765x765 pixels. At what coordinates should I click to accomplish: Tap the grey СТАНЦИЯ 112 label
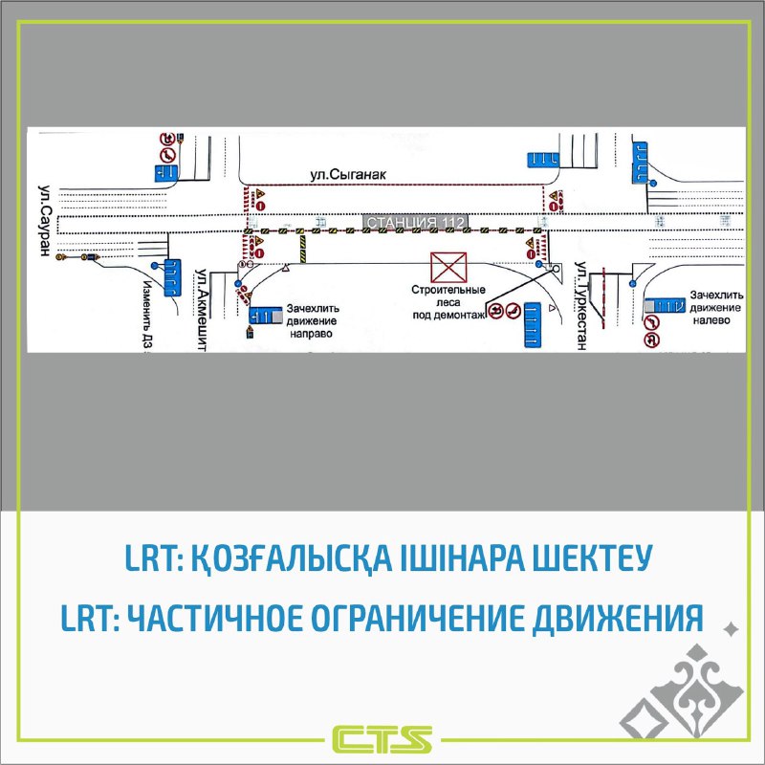point(413,223)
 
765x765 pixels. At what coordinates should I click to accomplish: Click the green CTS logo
point(382,739)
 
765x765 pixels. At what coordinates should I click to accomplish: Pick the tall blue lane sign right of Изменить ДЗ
point(174,278)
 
